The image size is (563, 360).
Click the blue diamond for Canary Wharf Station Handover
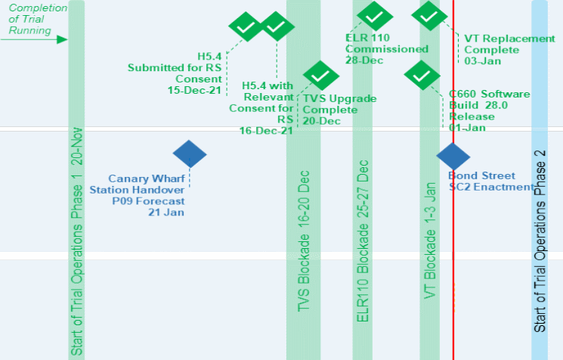[190, 154]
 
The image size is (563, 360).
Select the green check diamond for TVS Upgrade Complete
[320, 76]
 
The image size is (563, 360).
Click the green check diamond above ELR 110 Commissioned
[375, 16]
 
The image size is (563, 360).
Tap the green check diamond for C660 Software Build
[422, 74]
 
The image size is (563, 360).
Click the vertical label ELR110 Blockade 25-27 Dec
[363, 241]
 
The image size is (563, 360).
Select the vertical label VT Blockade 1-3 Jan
[430, 241]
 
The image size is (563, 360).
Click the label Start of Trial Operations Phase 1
[77, 241]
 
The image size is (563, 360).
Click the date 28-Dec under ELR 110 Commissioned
[364, 60]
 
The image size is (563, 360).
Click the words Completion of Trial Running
[38, 20]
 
